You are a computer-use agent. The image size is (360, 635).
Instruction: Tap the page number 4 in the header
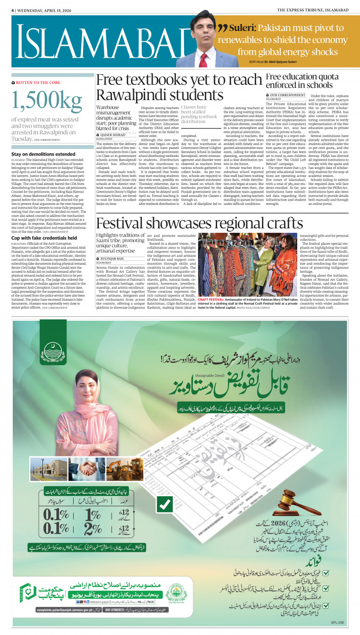point(13,10)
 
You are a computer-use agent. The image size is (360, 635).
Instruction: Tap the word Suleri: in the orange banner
point(242,28)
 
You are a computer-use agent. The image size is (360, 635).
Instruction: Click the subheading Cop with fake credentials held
point(44,238)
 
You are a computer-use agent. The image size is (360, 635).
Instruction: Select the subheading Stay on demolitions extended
point(43,154)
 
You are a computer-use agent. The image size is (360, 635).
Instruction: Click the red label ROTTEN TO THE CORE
point(38,83)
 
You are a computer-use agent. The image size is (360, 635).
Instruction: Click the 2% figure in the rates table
point(92,529)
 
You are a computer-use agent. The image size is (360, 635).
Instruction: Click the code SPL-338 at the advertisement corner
point(337,623)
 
